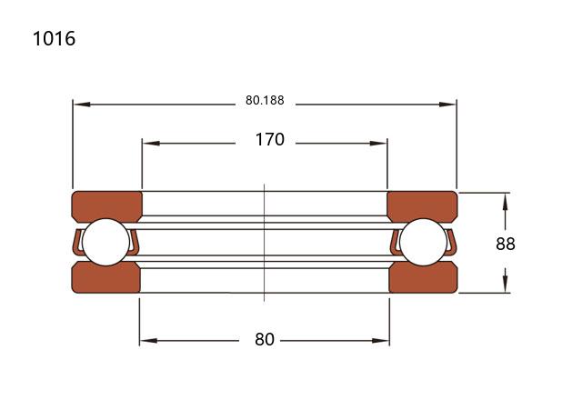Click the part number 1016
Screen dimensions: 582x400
click(55, 38)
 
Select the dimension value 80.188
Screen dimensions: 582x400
click(265, 100)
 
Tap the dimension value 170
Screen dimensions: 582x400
click(270, 139)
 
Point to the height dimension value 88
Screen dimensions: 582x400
click(506, 244)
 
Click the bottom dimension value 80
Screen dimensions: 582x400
click(265, 339)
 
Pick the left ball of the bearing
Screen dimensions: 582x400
click(106, 242)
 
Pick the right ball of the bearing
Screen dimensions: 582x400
click(423, 242)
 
